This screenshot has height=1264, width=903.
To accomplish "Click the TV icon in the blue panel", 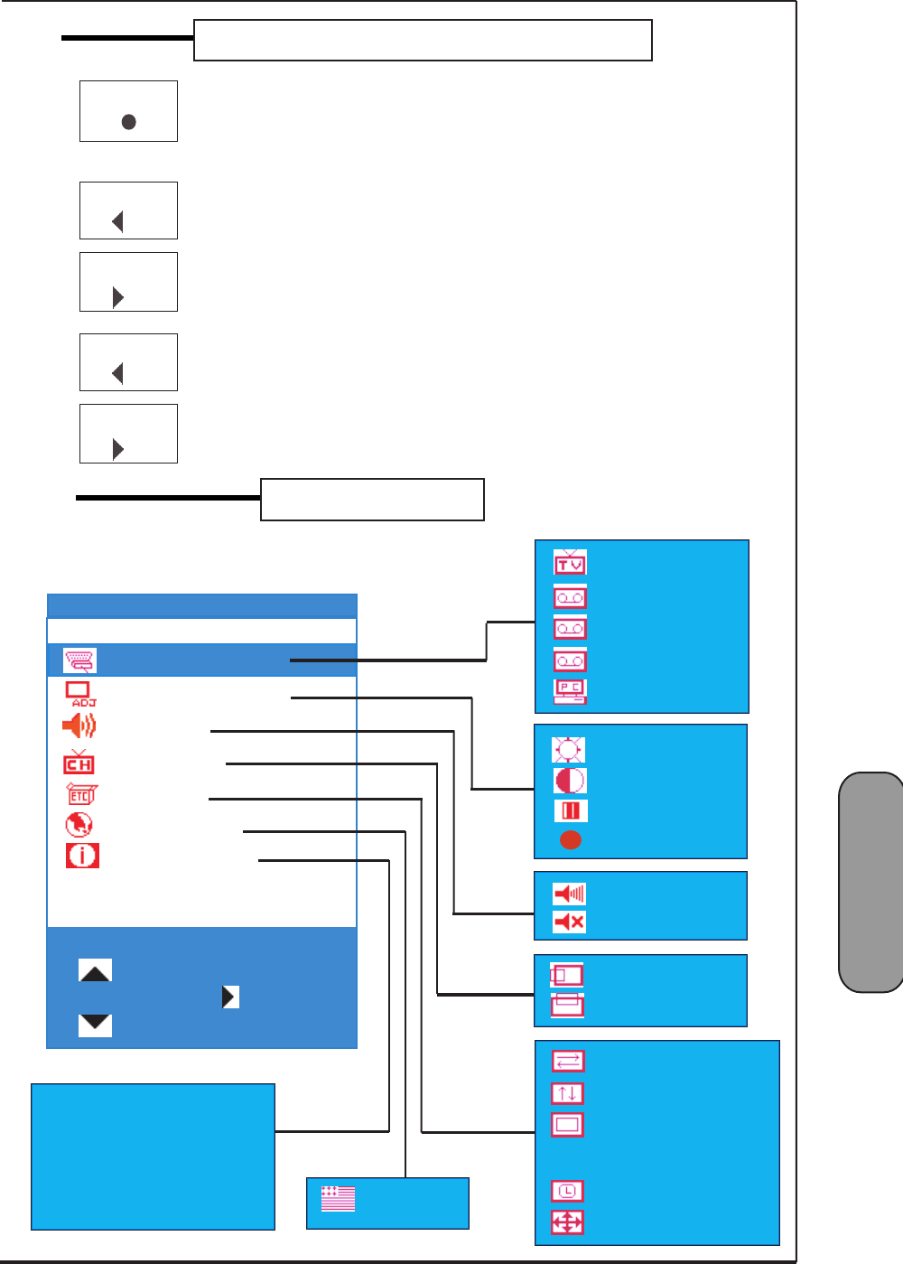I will [570, 562].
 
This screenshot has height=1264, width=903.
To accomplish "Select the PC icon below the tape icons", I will [570, 690].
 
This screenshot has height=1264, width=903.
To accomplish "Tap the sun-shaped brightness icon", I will [569, 750].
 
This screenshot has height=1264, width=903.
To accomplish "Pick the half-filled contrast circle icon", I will [570, 780].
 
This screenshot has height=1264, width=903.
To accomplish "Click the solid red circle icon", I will [570, 840].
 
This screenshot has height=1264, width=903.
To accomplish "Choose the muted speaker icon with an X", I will [569, 922].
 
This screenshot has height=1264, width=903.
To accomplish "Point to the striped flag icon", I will [339, 1199].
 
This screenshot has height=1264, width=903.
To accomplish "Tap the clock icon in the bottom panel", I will [567, 1191].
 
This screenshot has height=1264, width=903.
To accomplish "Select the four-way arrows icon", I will [567, 1222].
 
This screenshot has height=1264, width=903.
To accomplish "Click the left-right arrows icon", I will [568, 1061].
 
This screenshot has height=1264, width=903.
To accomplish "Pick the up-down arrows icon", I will [567, 1093].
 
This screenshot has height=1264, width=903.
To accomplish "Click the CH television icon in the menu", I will [79, 763].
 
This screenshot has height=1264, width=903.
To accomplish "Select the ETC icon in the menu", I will [80, 795].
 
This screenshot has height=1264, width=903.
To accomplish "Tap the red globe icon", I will [79, 825].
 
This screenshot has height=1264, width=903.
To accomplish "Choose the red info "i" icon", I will [82, 855].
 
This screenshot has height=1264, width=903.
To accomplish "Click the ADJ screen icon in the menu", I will [80, 694].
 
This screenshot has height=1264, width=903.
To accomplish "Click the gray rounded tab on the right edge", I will [871, 882].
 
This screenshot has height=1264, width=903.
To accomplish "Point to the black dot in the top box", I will [129, 122].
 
